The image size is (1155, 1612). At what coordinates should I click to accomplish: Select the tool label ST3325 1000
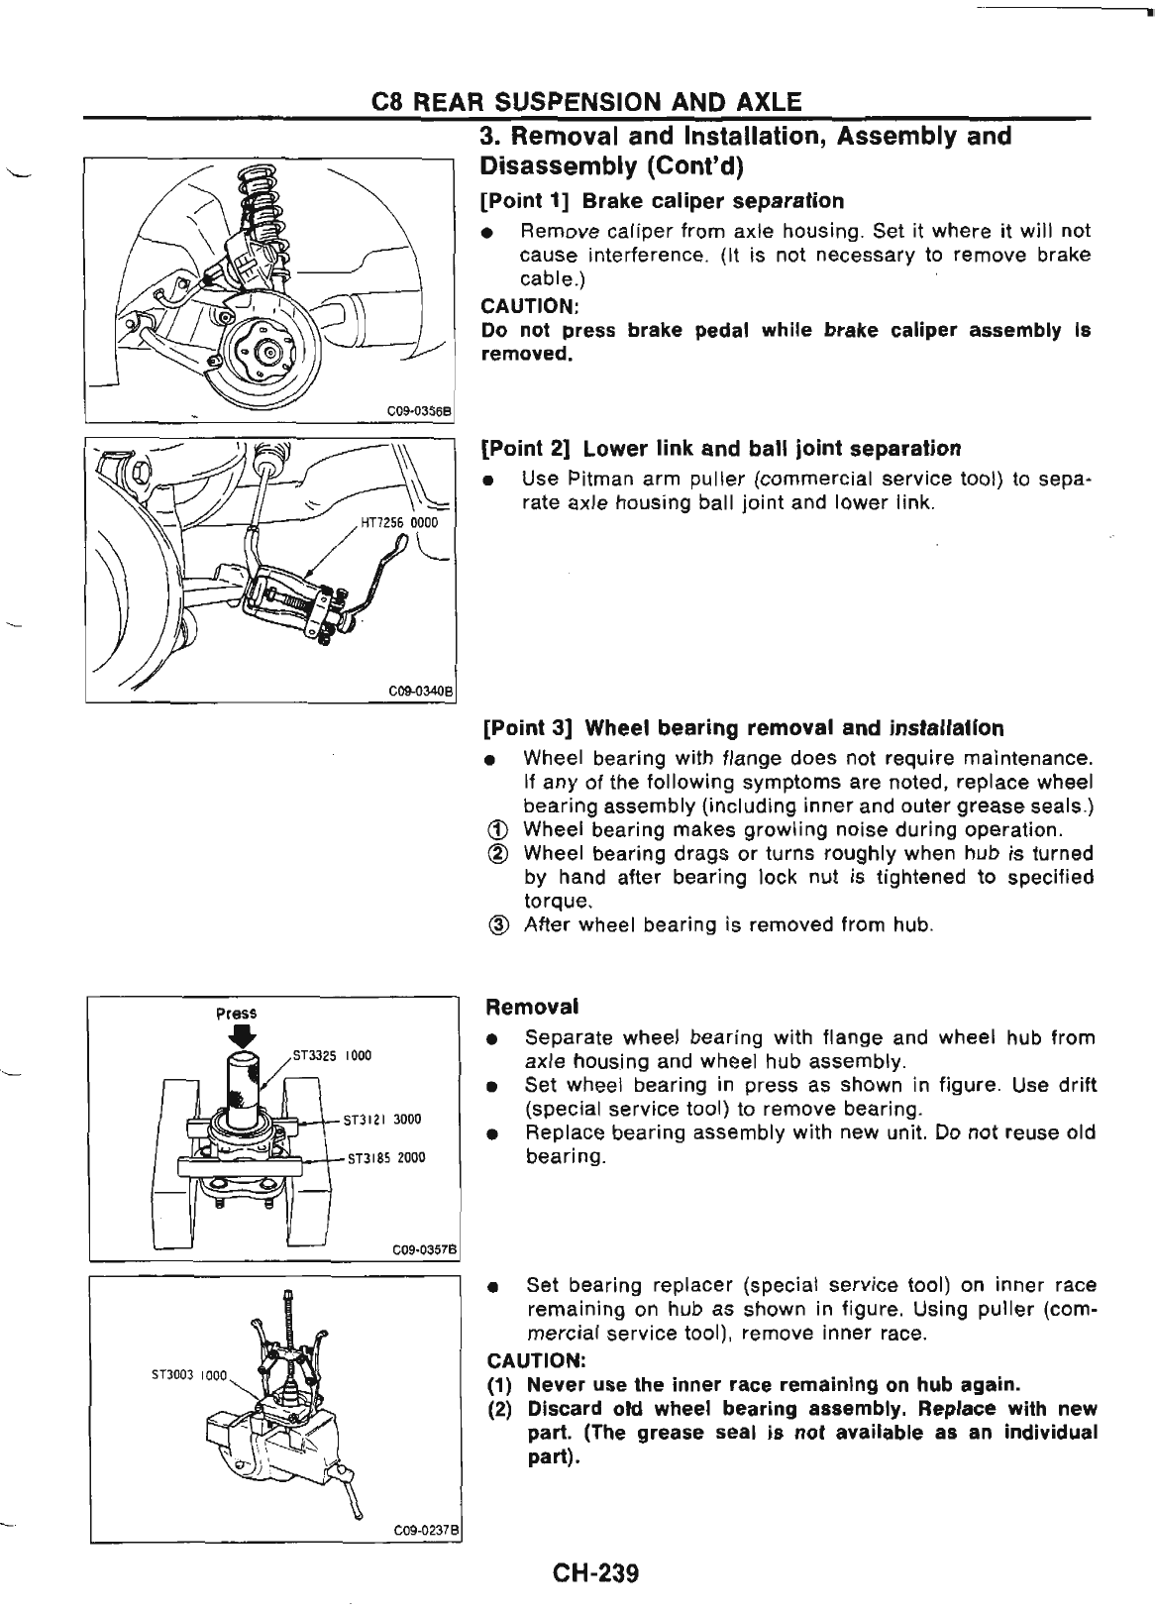332,1055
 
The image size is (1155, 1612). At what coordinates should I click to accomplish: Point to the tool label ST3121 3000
383,1121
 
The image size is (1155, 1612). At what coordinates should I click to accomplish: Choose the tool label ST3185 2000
383,1157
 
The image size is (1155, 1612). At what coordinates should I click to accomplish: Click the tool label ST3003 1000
189,1375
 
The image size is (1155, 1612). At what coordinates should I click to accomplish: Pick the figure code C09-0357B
423,1249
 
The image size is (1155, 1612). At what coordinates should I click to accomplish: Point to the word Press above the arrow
237,1013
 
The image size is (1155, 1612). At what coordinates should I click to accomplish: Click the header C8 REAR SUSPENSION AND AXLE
584,102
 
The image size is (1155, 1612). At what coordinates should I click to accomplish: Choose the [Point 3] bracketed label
528,729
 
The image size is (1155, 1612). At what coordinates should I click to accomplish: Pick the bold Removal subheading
532,1008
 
